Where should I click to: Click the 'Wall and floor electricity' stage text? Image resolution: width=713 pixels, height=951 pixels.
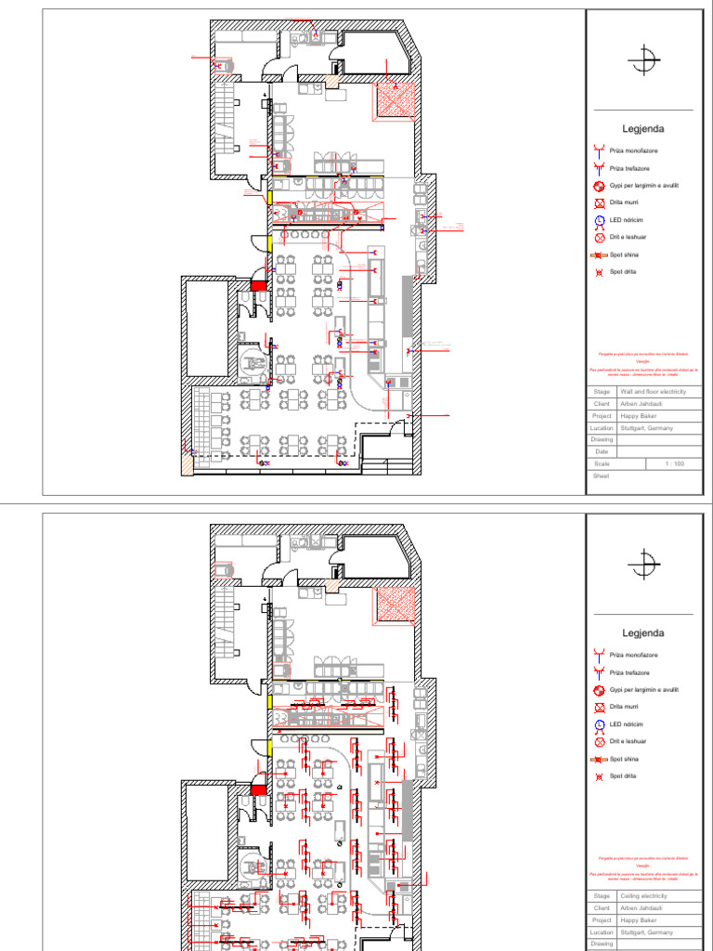tap(653, 392)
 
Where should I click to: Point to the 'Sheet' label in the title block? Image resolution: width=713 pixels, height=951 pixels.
tap(600, 475)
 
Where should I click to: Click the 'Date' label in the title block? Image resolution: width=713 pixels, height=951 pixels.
tap(602, 451)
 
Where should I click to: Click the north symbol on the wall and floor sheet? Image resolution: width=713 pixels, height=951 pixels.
tap(642, 60)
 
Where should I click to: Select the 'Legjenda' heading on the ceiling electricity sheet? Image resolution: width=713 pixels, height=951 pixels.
tap(643, 633)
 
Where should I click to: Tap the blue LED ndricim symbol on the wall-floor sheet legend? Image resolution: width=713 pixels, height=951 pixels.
tap(600, 220)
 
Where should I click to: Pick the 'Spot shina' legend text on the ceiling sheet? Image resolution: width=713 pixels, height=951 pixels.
tap(624, 759)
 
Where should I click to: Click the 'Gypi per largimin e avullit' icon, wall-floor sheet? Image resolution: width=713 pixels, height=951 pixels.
tap(600, 185)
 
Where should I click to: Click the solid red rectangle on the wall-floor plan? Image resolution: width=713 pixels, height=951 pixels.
tap(258, 286)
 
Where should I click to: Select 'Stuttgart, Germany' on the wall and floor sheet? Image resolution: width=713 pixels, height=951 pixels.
tap(646, 428)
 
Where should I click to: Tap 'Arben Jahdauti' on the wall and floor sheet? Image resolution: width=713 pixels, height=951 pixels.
tap(642, 404)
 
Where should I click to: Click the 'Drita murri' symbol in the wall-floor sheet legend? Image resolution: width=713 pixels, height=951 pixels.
tap(600, 202)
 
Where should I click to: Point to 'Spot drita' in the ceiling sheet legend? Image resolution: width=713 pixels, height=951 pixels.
tap(623, 776)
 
